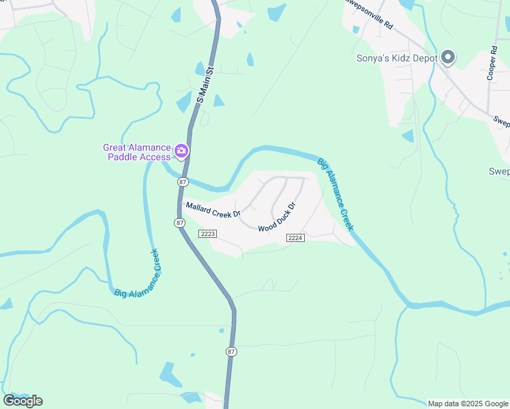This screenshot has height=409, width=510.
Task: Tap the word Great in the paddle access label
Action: tap(116, 147)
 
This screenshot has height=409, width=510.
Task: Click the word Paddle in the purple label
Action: tap(123, 157)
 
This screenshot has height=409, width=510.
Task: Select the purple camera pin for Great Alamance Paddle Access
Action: tap(181, 151)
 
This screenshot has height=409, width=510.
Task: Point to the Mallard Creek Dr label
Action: tap(213, 209)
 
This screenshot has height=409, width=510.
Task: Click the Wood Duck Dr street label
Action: tap(276, 216)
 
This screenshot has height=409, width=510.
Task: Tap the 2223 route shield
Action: tap(208, 234)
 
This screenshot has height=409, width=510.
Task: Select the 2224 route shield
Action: tap(295, 237)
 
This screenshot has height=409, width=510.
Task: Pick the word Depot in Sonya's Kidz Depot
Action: tap(423, 58)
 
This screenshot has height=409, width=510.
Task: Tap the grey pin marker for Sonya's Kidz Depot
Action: tap(448, 58)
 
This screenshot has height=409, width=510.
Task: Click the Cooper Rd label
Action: tap(492, 63)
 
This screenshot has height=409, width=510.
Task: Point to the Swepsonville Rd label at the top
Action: tap(369, 14)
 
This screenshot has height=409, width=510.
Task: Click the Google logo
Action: tap(22, 401)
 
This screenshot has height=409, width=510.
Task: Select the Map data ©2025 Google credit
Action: tap(468, 404)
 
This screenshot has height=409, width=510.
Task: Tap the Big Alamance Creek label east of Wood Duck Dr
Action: tap(335, 194)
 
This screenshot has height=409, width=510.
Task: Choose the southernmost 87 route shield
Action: tap(231, 351)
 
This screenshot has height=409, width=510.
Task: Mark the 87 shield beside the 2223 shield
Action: tap(179, 223)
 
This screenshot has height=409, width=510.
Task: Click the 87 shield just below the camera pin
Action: tap(182, 182)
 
